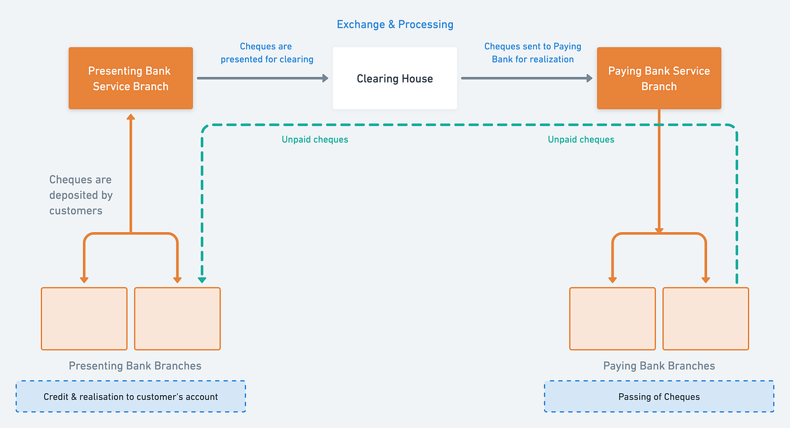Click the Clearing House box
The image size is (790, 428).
(394, 78)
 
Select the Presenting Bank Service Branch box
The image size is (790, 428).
(130, 78)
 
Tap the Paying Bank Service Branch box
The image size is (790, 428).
(658, 78)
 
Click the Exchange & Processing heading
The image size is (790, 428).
(395, 24)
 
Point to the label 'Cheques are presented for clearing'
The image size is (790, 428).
(267, 53)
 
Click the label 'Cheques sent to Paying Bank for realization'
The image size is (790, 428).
(533, 53)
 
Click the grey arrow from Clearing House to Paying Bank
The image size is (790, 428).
(527, 78)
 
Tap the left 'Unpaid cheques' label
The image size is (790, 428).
(315, 139)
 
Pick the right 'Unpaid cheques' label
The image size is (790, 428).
(581, 139)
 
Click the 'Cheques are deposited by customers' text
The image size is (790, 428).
(81, 195)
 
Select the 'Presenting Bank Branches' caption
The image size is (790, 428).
(135, 366)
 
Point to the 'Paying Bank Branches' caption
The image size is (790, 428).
(659, 366)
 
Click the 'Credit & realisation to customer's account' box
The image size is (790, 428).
(130, 396)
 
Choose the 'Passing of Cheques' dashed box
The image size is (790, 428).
(659, 396)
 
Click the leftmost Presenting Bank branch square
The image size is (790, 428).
(84, 318)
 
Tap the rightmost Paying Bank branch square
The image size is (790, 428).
(705, 318)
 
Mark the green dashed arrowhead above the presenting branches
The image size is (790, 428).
(202, 280)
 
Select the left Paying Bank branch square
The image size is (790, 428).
(612, 318)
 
